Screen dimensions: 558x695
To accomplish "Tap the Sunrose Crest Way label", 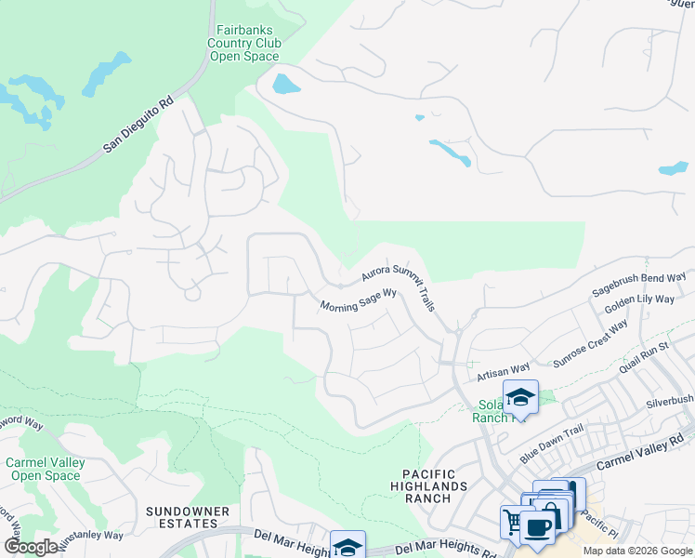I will [x=591, y=344].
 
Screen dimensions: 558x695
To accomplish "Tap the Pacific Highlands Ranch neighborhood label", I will [x=428, y=485].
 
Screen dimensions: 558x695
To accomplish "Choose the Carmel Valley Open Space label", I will [x=45, y=469].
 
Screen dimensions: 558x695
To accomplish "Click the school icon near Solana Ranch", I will [x=520, y=397].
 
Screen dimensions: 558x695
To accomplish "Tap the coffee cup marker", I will [x=537, y=526].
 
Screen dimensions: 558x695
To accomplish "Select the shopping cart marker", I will [x=513, y=521].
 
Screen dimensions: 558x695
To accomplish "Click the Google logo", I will [x=31, y=547].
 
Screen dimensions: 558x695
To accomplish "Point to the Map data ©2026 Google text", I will [x=637, y=551].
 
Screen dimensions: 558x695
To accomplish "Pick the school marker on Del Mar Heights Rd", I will [x=347, y=546].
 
